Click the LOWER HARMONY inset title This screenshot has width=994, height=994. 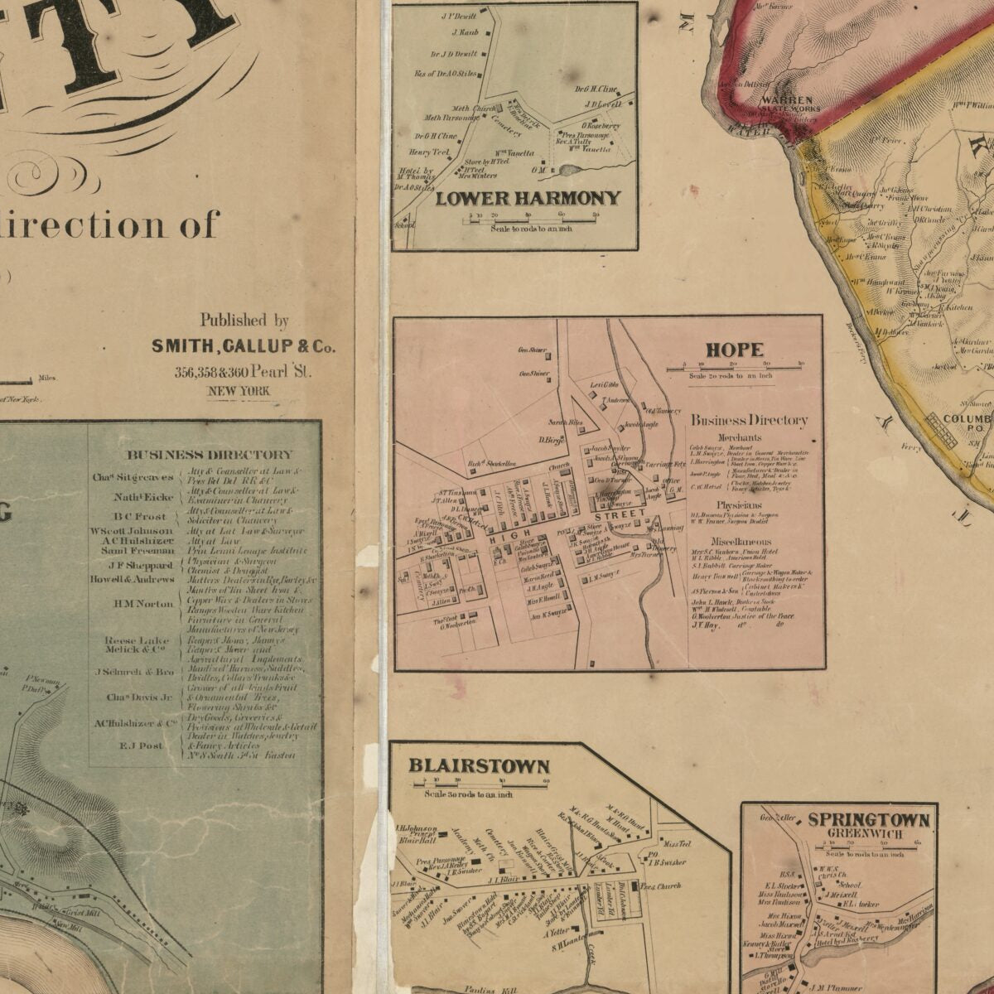tap(528, 198)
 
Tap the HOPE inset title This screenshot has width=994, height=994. tap(734, 350)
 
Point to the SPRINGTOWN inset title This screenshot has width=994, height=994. tap(868, 819)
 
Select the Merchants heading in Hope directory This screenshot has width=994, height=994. tap(740, 437)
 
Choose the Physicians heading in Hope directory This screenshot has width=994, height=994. tap(740, 504)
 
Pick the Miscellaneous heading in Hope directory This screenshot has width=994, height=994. tap(741, 540)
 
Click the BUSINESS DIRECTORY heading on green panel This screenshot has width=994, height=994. tap(210, 454)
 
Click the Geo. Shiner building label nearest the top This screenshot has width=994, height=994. tap(533, 350)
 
